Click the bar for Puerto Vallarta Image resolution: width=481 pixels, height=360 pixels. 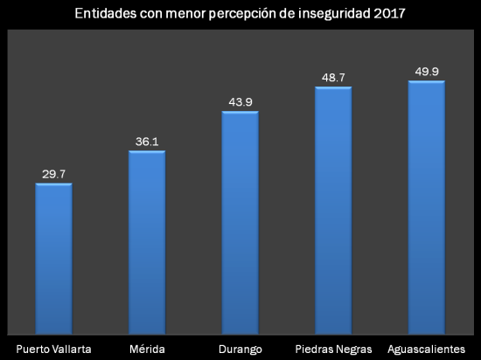(x=53, y=258)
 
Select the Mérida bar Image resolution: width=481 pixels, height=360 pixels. (x=147, y=241)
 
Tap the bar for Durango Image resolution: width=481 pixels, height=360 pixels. (x=240, y=222)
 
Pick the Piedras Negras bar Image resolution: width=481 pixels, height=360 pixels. (x=333, y=210)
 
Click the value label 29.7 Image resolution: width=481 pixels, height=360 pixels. (x=53, y=174)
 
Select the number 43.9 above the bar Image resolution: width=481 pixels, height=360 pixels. (x=240, y=102)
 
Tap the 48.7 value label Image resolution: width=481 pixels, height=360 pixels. (x=333, y=78)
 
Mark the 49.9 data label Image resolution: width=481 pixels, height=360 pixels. (x=427, y=72)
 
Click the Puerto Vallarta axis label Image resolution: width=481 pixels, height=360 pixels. (x=53, y=349)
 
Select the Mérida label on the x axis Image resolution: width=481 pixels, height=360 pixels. (x=147, y=349)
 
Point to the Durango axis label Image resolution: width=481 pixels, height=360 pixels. (x=240, y=349)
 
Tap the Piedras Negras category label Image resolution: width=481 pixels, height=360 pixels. (x=333, y=349)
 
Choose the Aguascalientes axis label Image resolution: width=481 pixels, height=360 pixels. (x=427, y=349)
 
